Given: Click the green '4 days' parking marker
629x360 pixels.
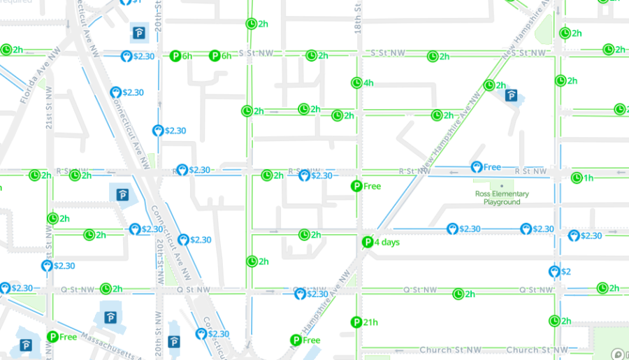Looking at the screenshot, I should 368,243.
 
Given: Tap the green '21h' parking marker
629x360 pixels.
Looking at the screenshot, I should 356,322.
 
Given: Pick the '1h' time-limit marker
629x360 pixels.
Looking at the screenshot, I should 577,178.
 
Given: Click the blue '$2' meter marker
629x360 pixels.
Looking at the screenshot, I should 555,271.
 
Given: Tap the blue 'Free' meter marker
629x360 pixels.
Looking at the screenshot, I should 477,167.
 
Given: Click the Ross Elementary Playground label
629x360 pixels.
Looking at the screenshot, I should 502,198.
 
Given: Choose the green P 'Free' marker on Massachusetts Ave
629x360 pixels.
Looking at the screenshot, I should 52,337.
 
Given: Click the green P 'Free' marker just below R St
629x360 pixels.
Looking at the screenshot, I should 356,186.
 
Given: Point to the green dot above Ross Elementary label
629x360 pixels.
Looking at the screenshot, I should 501,185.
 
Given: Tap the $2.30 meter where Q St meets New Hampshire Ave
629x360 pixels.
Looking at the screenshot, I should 301,294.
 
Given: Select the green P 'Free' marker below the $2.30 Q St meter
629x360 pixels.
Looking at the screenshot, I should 296,340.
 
